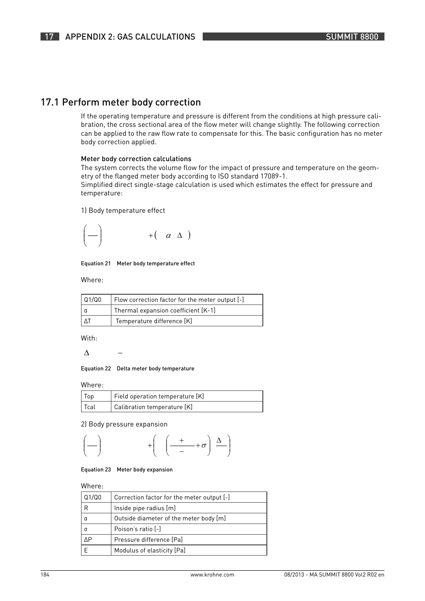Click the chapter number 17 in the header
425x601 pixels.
tap(49, 37)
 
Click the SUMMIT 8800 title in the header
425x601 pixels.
tap(351, 37)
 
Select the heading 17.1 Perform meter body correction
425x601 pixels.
tap(121, 102)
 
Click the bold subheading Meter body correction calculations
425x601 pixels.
tap(136, 159)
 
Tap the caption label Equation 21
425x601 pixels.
tap(96, 264)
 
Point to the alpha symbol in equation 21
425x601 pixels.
tap(168, 236)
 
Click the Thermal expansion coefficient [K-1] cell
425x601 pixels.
tap(164, 310)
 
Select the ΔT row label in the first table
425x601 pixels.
tap(87, 321)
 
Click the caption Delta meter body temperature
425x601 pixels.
tap(155, 369)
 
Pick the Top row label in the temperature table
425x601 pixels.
tap(89, 396)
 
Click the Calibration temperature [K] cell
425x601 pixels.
tap(153, 407)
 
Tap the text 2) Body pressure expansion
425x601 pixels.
tap(124, 424)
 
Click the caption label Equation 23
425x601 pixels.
tap(96, 470)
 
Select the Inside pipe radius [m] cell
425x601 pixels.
tap(145, 508)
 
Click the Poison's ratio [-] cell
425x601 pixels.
tap(137, 529)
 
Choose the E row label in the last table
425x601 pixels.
tap(86, 550)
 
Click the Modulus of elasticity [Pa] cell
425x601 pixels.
tap(150, 550)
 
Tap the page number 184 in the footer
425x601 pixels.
tap(45, 575)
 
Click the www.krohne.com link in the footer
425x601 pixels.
tap(212, 575)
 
